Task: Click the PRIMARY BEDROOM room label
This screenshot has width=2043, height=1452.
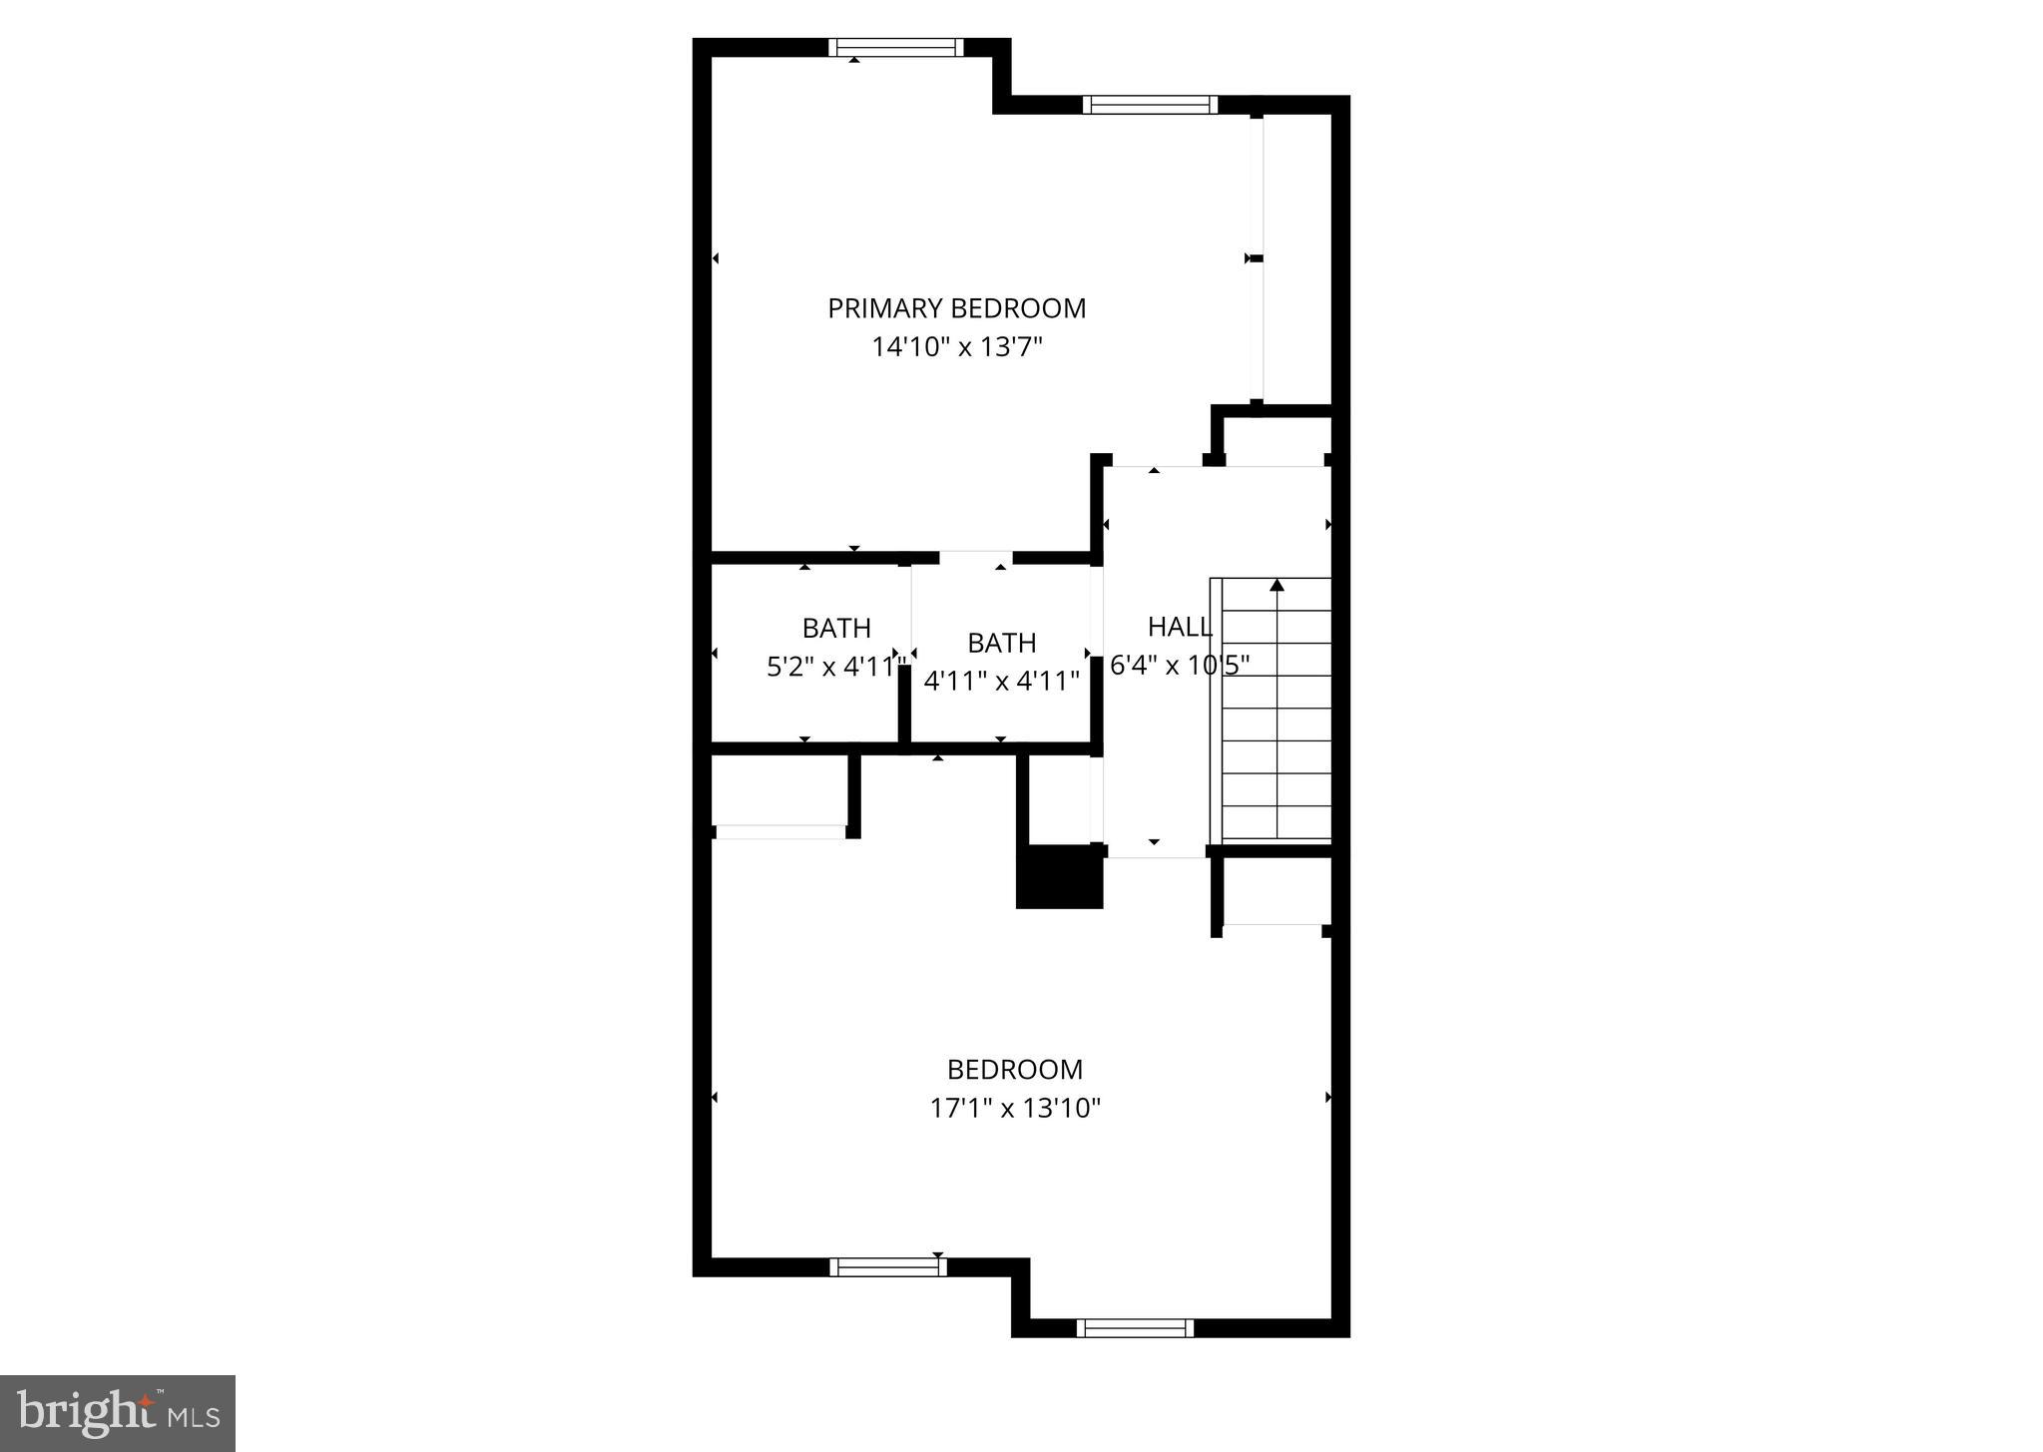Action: pyautogui.click(x=956, y=308)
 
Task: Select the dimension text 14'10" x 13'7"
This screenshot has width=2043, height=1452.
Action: pyautogui.click(x=956, y=347)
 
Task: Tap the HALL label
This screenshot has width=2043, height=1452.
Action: pyautogui.click(x=1180, y=627)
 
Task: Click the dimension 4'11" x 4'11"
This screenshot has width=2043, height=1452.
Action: pyautogui.click(x=1001, y=681)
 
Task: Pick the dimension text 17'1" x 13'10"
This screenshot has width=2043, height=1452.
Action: pyautogui.click(x=1014, y=1108)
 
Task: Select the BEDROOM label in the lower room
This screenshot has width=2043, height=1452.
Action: pyautogui.click(x=1014, y=1070)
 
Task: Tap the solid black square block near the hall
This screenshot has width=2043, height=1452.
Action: pyautogui.click(x=1059, y=876)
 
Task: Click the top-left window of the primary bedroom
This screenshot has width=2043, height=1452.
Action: pyautogui.click(x=895, y=47)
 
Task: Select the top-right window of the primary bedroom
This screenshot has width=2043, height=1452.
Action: pyautogui.click(x=1150, y=105)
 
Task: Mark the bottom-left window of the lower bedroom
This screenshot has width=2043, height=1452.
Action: pyautogui.click(x=887, y=1267)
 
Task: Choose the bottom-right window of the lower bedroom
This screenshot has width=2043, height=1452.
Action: pyautogui.click(x=1135, y=1327)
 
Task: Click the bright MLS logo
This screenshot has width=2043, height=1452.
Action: pyautogui.click(x=118, y=1413)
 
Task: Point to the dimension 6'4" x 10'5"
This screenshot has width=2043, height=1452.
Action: pyautogui.click(x=1180, y=666)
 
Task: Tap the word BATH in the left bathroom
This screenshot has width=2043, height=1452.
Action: pyautogui.click(x=836, y=628)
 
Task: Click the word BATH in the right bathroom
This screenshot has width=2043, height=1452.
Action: pyautogui.click(x=1001, y=643)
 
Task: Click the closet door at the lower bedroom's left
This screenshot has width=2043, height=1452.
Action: pyautogui.click(x=780, y=831)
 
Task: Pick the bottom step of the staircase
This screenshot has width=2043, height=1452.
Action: pyautogui.click(x=1277, y=823)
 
